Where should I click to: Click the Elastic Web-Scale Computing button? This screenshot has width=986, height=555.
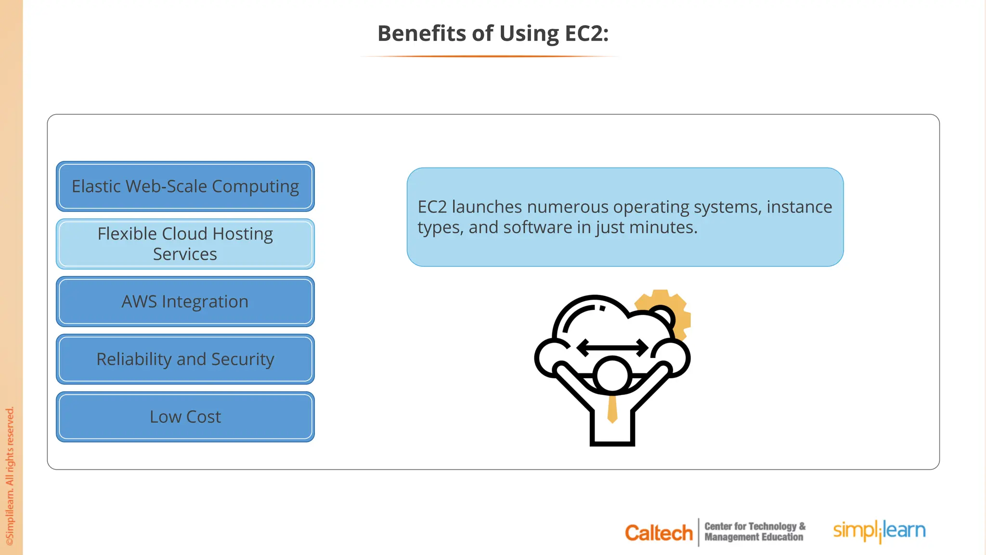pyautogui.click(x=185, y=186)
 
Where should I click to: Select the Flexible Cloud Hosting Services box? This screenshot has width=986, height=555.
pyautogui.click(x=185, y=244)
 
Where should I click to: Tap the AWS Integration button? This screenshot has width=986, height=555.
pyautogui.click(x=185, y=302)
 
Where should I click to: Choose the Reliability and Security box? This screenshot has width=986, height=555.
pyautogui.click(x=185, y=359)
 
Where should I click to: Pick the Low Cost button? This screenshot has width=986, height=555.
pyautogui.click(x=185, y=417)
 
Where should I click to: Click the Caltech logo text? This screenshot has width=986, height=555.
pyautogui.click(x=658, y=533)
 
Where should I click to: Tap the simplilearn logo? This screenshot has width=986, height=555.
pyautogui.click(x=879, y=531)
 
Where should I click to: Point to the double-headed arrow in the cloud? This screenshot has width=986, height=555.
pyautogui.click(x=612, y=347)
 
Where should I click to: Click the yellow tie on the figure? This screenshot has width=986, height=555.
pyautogui.click(x=612, y=409)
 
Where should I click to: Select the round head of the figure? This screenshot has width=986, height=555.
pyautogui.click(x=612, y=375)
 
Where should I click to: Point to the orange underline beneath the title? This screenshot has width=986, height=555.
pyautogui.click(x=489, y=56)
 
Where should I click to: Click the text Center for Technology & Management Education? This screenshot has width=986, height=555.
pyautogui.click(x=754, y=531)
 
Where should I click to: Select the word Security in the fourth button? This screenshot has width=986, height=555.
pyautogui.click(x=243, y=359)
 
